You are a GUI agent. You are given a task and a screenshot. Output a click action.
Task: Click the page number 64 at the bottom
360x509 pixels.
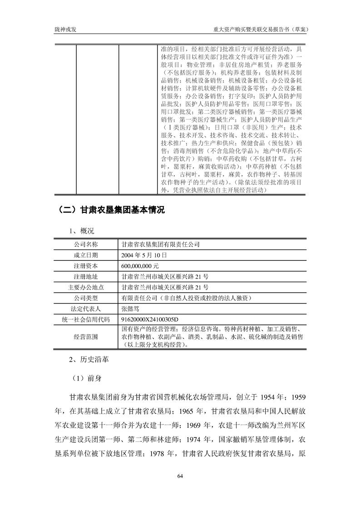pos(180,476)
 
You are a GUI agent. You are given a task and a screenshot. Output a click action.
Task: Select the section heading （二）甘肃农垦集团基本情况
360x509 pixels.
pos(111,210)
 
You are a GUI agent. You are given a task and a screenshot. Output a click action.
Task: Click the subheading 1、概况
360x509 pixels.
pos(82,231)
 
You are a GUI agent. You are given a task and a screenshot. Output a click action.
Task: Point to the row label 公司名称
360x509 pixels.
pos(86,244)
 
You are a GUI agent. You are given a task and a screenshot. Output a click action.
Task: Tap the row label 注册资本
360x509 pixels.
pos(86,266)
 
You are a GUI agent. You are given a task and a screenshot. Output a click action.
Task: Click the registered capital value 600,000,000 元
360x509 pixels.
pos(143,266)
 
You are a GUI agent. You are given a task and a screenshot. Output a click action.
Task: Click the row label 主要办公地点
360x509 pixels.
pos(86,287)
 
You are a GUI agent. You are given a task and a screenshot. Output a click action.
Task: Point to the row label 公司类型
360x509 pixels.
pos(86,298)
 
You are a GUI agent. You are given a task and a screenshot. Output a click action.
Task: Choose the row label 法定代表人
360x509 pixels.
pos(86,309)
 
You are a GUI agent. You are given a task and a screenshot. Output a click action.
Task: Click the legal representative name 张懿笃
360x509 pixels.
pos(132,309)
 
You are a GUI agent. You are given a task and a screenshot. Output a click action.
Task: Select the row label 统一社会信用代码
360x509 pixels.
pos(86,320)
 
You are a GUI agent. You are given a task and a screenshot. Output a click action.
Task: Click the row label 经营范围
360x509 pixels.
pos(86,337)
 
